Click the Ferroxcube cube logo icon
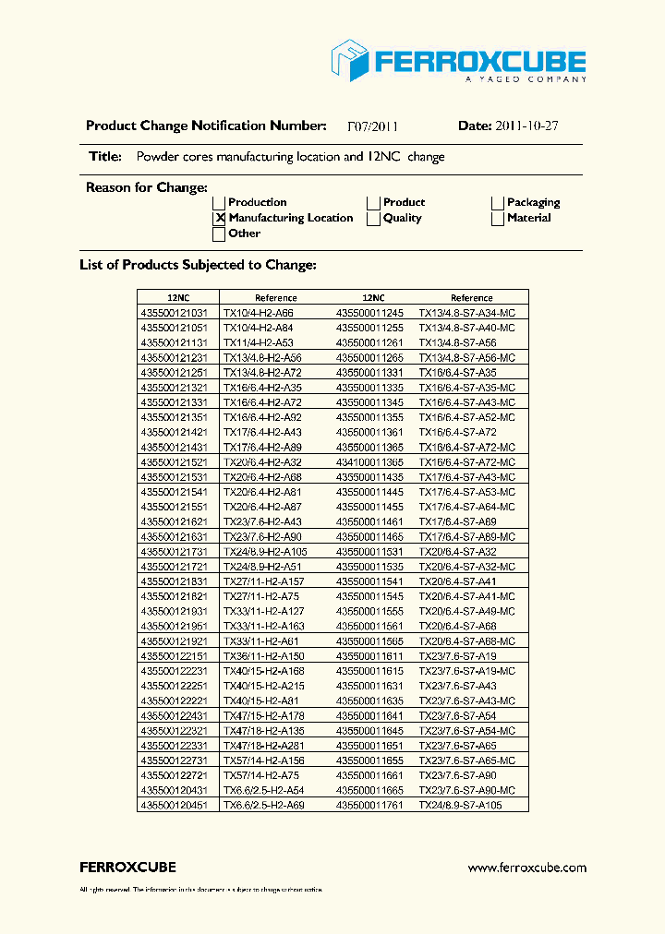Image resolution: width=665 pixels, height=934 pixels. (x=350, y=60)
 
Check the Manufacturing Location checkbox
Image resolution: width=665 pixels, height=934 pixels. (x=220, y=219)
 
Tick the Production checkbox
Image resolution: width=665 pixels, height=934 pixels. (x=220, y=203)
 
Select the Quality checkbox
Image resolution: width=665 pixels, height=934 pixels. (x=374, y=219)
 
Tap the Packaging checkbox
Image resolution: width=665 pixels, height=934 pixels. (x=498, y=203)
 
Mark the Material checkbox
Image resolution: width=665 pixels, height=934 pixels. (x=498, y=219)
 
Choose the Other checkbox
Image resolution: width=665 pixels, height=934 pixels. (x=220, y=234)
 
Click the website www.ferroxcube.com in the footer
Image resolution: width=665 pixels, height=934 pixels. (x=526, y=868)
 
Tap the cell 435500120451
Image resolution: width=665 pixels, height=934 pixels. (x=174, y=805)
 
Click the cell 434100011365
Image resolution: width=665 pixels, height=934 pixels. (x=369, y=462)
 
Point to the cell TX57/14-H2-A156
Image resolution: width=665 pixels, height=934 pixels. (x=263, y=760)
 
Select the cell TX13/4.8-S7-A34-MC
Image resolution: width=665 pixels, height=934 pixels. (x=466, y=313)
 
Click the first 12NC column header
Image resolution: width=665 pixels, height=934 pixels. (x=178, y=298)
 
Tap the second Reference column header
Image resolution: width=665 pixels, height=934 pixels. (x=471, y=298)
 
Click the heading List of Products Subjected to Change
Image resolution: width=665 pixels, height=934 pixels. (x=198, y=266)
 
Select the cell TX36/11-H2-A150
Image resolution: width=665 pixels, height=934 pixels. (x=263, y=656)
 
